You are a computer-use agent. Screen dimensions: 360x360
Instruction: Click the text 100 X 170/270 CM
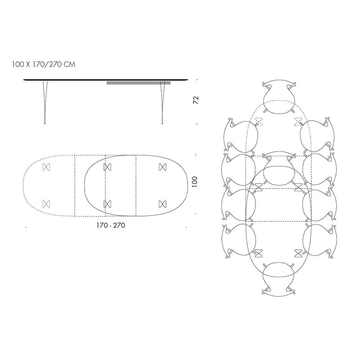(44, 64)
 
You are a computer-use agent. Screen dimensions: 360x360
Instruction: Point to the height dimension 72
(195, 100)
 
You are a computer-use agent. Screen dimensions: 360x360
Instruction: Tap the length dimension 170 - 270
(110, 225)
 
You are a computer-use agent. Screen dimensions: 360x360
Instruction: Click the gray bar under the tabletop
(138, 83)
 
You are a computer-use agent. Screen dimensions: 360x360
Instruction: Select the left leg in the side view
(45, 101)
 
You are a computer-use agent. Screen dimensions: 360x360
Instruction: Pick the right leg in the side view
(162, 101)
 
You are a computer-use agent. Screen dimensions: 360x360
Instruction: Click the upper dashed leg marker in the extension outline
(45, 167)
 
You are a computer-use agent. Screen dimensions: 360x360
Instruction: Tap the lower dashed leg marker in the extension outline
(45, 203)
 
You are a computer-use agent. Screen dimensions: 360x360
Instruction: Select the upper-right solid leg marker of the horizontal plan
(162, 167)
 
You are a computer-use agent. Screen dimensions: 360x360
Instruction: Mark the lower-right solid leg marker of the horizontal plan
(162, 203)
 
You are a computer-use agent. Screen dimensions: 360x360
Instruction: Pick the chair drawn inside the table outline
(279, 167)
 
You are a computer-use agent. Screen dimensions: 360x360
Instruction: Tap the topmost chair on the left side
(240, 135)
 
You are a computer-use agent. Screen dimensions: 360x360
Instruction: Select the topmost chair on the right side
(319, 135)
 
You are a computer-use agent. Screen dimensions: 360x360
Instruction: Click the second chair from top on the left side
(238, 170)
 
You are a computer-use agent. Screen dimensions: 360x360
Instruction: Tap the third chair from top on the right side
(319, 205)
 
